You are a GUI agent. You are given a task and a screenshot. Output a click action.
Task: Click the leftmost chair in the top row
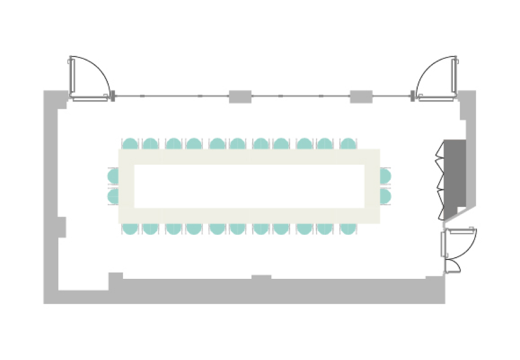tap(130, 144)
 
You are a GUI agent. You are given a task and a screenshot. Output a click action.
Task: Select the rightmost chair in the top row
tap(348, 144)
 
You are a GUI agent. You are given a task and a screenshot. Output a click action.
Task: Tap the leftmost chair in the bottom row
tap(130, 228)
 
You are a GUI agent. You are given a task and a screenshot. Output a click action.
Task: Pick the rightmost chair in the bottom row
tap(348, 228)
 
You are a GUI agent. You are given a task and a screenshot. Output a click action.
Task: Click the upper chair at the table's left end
tap(114, 176)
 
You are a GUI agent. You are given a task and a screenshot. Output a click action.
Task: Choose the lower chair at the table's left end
tap(114, 195)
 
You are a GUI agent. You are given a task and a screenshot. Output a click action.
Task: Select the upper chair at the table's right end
tap(385, 176)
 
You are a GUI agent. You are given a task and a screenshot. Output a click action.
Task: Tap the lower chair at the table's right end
tap(385, 195)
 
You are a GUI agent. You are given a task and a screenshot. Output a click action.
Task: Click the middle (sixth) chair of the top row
tap(238, 144)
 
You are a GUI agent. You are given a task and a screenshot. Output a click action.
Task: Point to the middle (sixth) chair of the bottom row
tap(238, 228)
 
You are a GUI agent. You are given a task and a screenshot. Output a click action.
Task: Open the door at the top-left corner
tap(88, 78)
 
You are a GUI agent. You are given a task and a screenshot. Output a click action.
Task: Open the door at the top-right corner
tap(436, 78)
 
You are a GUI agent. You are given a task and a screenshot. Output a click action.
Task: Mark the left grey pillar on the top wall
tap(240, 96)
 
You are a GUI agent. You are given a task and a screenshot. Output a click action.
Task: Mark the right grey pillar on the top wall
tap(361, 96)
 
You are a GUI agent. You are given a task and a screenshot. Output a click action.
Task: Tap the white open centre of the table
tap(249, 186)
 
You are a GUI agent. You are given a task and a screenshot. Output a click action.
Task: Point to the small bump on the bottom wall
tap(261, 277)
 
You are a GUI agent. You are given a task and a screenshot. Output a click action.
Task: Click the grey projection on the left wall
tap(62, 227)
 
